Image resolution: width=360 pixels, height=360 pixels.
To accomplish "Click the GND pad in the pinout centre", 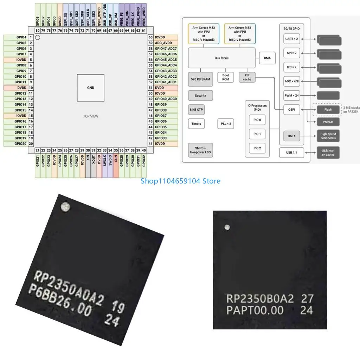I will click(x=91, y=88).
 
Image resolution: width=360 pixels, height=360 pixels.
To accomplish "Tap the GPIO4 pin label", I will click(x=21, y=37).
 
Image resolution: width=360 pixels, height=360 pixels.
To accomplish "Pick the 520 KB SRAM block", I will click(x=200, y=79).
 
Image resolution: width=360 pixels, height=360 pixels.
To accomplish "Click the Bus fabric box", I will click(x=221, y=58).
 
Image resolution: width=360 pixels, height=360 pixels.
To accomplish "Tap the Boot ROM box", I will click(x=226, y=77).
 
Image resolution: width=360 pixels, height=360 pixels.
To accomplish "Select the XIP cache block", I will click(x=247, y=77).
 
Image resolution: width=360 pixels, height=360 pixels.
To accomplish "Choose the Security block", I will click(x=200, y=96).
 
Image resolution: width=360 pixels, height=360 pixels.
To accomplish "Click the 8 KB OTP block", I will click(x=197, y=110).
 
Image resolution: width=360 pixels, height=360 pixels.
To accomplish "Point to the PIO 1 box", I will click(x=257, y=134).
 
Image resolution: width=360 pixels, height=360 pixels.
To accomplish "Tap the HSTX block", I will click(x=291, y=136).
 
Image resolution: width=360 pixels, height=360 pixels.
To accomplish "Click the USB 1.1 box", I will click(x=291, y=153).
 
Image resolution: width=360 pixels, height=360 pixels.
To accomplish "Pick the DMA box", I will click(x=267, y=58).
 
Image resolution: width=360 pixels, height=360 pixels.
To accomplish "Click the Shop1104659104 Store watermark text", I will click(x=180, y=181).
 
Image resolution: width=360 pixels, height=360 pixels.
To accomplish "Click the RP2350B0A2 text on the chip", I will click(x=260, y=299).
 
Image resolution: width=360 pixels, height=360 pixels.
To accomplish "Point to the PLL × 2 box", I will click(x=226, y=124).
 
